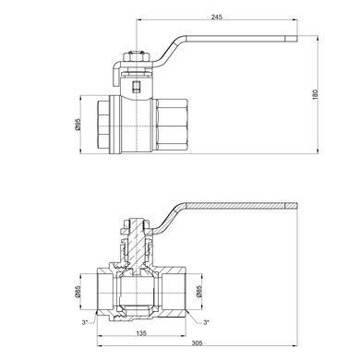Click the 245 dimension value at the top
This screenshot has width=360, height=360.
(x=217, y=17)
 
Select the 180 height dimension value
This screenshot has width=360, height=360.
(x=315, y=94)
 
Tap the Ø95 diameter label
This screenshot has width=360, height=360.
(x=78, y=124)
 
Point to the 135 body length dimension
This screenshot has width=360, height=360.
(x=141, y=333)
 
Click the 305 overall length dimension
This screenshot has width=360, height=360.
(x=197, y=343)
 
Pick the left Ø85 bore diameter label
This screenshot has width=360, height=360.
(x=78, y=292)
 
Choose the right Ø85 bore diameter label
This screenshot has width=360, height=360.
(x=198, y=292)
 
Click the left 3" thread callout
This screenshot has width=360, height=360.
(x=85, y=322)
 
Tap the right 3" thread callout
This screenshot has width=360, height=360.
(x=206, y=322)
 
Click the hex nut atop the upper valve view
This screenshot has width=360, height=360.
(x=136, y=57)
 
